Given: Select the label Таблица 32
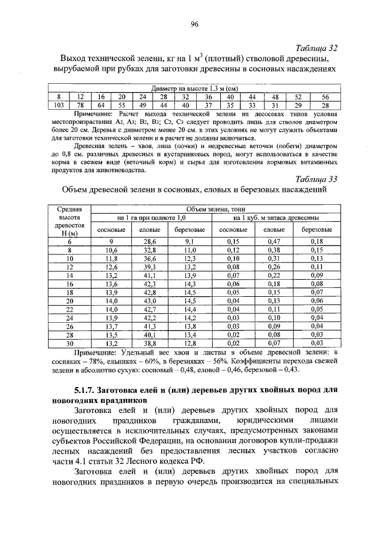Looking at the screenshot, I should [316, 48].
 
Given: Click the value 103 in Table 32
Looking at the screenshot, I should [58, 104].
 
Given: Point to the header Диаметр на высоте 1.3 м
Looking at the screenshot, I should [194, 89].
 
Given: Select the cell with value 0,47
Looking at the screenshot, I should [273, 241].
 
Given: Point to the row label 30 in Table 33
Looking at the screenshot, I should [70, 342].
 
